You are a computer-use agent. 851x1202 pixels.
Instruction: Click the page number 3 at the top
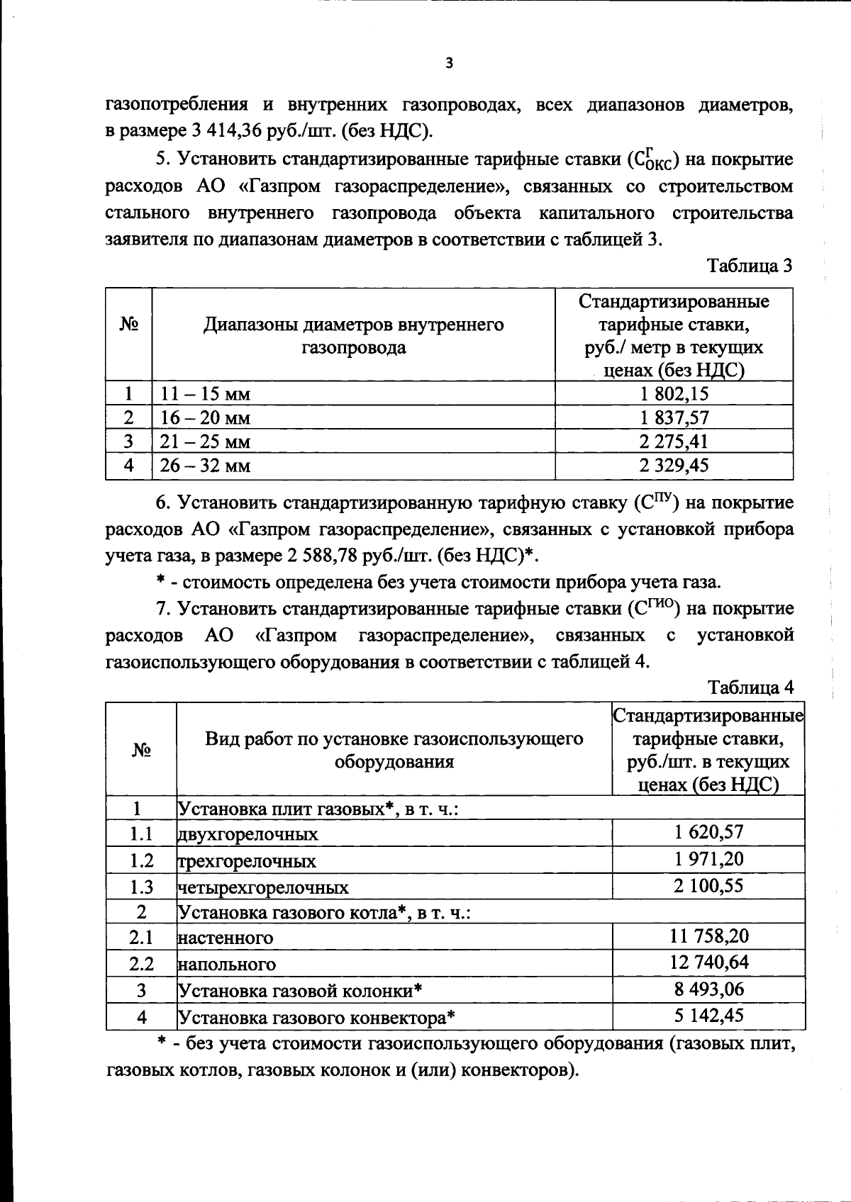pyautogui.click(x=447, y=63)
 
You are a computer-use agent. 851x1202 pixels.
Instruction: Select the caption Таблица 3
pyautogui.click(x=750, y=266)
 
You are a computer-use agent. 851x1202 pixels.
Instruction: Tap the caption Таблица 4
pyautogui.click(x=751, y=687)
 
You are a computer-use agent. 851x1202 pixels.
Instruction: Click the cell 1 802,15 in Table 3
pyautogui.click(x=674, y=394)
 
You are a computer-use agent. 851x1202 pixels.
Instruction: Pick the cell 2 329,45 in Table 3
pyautogui.click(x=674, y=466)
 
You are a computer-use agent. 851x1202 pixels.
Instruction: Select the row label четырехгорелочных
pyautogui.click(x=263, y=887)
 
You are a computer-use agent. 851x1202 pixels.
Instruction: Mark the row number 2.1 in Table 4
pyautogui.click(x=141, y=938)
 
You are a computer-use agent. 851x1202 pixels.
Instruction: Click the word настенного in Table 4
pyautogui.click(x=226, y=938)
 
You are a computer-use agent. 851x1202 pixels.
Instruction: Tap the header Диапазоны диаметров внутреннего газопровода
pyautogui.click(x=354, y=336)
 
